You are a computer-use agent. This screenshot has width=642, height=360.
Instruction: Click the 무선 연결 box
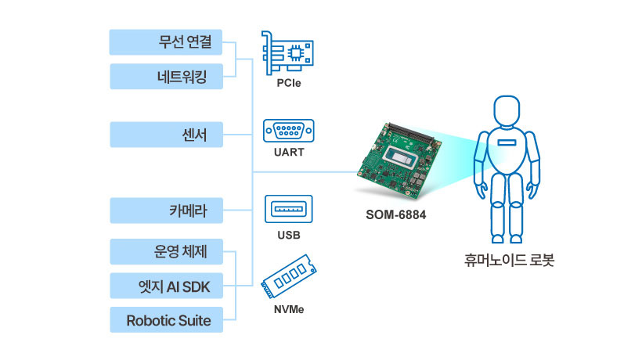(x=166, y=42)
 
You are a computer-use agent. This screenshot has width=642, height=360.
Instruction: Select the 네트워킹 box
(x=166, y=77)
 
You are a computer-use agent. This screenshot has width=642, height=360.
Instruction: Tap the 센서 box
(x=166, y=135)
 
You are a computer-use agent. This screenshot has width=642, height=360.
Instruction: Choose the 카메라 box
(x=166, y=211)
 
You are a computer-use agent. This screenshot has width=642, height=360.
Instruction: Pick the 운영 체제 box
(x=166, y=251)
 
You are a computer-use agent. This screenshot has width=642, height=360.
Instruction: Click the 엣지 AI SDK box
(x=166, y=286)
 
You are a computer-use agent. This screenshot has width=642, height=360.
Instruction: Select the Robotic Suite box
(x=166, y=320)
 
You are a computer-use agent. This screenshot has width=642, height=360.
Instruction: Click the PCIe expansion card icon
(x=287, y=53)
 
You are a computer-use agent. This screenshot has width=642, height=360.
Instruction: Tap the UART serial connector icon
(x=289, y=131)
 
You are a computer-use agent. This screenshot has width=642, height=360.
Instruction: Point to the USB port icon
(x=289, y=209)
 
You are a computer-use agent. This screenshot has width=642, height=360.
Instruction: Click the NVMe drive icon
(x=289, y=277)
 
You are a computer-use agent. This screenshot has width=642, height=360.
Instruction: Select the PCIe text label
(x=289, y=83)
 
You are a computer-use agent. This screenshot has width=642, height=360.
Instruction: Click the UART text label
(x=289, y=152)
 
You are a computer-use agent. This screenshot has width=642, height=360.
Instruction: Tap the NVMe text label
(x=289, y=309)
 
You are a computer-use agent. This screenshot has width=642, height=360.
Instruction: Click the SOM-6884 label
(x=396, y=214)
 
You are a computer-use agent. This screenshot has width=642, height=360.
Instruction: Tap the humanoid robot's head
(x=507, y=111)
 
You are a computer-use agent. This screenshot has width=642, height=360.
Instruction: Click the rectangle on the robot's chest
(x=507, y=142)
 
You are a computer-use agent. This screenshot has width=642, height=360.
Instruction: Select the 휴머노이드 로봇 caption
(x=509, y=260)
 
